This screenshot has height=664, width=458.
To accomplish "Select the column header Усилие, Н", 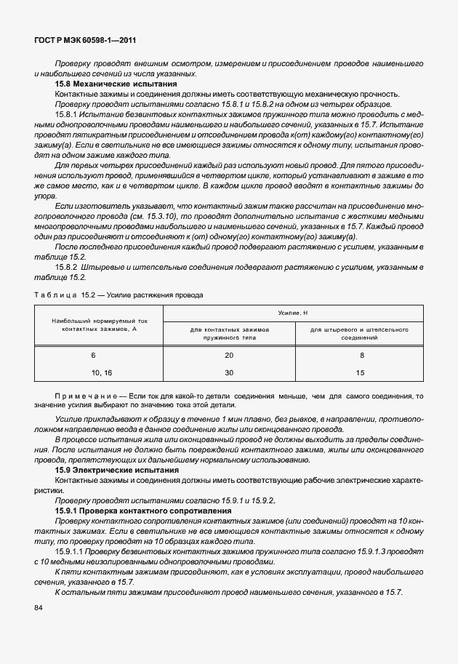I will (x=293, y=313).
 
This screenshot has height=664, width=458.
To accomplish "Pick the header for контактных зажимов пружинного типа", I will (x=229, y=334).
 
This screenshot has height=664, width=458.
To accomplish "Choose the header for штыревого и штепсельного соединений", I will (x=358, y=334).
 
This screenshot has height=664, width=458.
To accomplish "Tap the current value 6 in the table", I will (x=94, y=356).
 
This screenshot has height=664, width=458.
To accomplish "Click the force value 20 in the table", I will (x=229, y=356).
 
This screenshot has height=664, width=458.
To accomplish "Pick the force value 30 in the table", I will (x=229, y=372).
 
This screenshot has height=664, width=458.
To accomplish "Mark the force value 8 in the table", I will (x=361, y=356).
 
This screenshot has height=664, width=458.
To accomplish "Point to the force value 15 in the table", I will (x=361, y=372).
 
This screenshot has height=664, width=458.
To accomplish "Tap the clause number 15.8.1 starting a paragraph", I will (x=67, y=115).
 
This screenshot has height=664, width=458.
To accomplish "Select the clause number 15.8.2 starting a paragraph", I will (x=67, y=268).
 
